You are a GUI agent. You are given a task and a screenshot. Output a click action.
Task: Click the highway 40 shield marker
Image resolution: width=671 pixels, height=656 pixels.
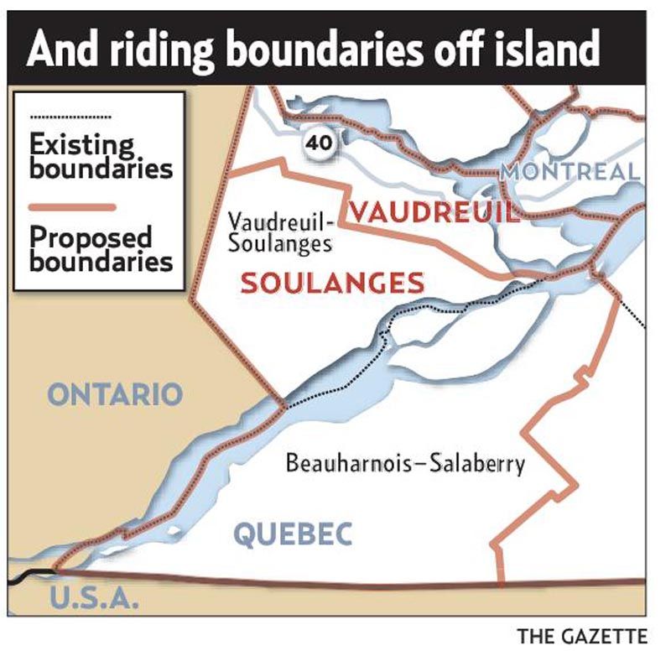coord(320,143)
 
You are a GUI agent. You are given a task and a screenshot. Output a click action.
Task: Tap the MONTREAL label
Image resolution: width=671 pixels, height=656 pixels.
coord(570,173)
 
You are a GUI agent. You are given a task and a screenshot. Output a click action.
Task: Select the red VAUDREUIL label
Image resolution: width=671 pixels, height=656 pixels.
coord(434,211)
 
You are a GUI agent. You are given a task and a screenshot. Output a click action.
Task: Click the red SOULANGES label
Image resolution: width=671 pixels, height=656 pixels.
coord(332,283)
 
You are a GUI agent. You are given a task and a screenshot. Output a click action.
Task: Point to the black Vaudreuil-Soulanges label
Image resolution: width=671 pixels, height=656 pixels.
coord(280,233)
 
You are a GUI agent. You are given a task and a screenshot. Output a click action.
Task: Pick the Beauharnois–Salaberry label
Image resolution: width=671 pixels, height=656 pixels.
coord(405,463)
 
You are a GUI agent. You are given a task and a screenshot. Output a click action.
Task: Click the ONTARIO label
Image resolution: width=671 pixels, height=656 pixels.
coord(116,393)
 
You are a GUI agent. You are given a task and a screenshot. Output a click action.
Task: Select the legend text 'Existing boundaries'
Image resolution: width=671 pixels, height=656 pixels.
coord(101,156)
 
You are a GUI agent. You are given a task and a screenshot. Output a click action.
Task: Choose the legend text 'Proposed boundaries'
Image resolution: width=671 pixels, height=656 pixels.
coord(101,248)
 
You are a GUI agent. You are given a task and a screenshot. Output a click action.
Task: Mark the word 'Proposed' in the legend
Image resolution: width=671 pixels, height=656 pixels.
coord(91,237)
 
